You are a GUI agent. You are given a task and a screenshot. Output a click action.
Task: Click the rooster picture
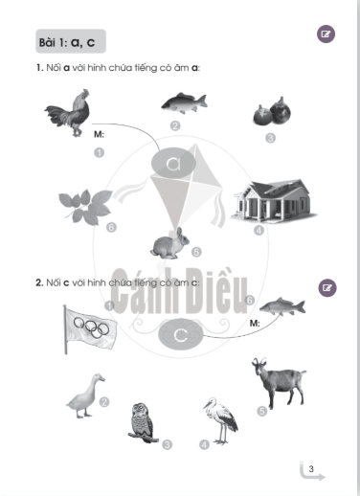click(x=69, y=113)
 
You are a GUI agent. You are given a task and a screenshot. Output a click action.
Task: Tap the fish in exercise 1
click(x=184, y=103)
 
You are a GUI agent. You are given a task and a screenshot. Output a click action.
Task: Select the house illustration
click(x=274, y=201)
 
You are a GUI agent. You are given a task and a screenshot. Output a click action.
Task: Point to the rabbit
click(x=169, y=243)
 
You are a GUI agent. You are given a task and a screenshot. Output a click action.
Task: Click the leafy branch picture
click(x=85, y=207)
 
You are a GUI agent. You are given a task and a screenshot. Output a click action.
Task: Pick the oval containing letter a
click(x=173, y=163)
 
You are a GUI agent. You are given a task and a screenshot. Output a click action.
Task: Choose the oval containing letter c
click(x=181, y=335)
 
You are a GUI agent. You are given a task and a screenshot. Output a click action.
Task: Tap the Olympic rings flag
click(x=90, y=329)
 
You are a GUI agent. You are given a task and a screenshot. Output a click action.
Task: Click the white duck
click(x=85, y=395)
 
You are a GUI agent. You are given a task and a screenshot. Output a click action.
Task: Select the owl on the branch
click(x=143, y=423)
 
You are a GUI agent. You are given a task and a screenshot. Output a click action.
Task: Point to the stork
click(x=221, y=420)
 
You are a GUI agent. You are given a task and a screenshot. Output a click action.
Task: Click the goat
click(x=280, y=382)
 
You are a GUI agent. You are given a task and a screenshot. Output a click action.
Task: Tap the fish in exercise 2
click(x=282, y=306)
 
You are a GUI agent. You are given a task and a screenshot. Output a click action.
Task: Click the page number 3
click(x=311, y=469)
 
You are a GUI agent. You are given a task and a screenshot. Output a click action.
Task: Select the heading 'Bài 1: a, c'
click(x=67, y=42)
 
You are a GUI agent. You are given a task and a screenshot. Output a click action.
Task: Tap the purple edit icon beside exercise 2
click(x=327, y=288)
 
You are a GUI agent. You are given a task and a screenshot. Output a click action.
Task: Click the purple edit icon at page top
click(x=326, y=34)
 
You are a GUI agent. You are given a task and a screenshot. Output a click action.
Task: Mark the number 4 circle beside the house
click(x=259, y=230)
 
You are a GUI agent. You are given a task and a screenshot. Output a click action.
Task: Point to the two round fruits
click(x=272, y=111)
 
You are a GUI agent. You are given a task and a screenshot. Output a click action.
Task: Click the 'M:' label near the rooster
click(x=99, y=134)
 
